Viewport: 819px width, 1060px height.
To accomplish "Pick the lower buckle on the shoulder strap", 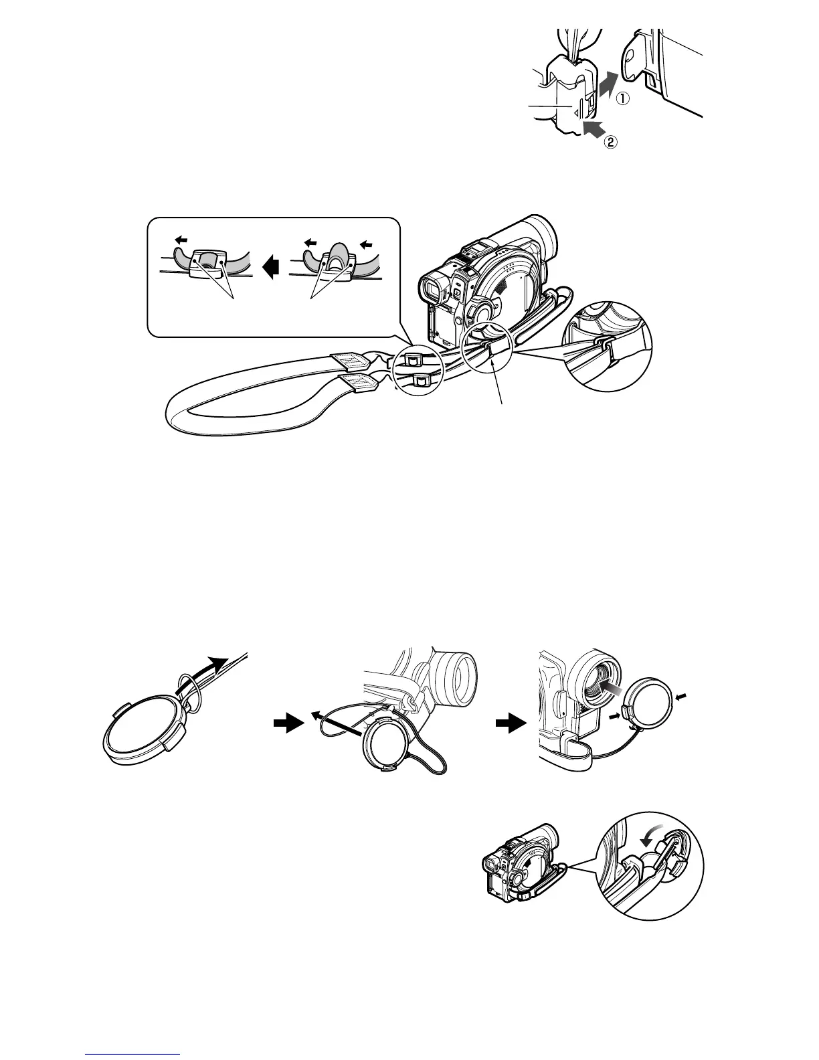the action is (x=421, y=381).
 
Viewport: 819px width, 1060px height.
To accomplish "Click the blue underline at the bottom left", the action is (x=133, y=1054).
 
